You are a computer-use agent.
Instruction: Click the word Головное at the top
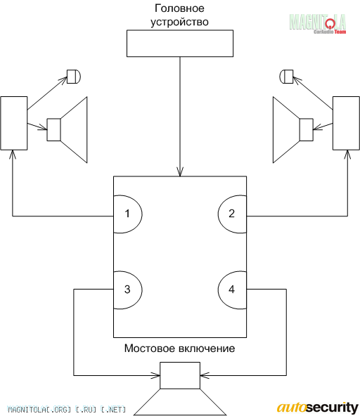click(x=179, y=8)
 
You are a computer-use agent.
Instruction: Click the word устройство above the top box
click(x=179, y=22)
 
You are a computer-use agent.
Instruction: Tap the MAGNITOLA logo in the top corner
click(x=318, y=23)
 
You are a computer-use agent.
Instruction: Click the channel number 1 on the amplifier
click(x=127, y=214)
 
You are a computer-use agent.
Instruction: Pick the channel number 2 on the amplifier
click(x=232, y=214)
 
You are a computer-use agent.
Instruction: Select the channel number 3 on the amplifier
click(x=127, y=290)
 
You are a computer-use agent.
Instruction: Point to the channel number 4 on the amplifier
click(x=232, y=290)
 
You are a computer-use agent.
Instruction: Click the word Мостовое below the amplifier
click(x=150, y=349)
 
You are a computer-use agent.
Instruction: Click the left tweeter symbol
click(x=74, y=77)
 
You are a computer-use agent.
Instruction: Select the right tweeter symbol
click(x=286, y=77)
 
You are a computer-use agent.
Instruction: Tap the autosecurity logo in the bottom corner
click(x=318, y=408)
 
